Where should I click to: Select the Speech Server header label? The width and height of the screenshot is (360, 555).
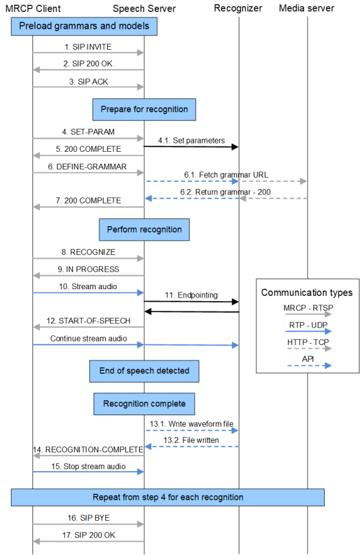coord(144,8)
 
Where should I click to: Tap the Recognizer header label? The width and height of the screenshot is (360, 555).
coord(238,8)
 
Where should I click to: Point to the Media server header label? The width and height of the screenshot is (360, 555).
coord(307,8)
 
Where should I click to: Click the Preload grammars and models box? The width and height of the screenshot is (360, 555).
coord(84,26)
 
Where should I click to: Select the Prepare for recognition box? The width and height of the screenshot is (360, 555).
coord(144,109)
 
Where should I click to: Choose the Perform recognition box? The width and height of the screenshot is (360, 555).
coord(144,229)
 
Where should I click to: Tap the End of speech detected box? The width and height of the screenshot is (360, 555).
coord(144,371)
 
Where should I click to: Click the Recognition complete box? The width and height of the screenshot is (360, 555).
coord(144,403)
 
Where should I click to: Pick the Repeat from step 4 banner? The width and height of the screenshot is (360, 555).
coord(168,497)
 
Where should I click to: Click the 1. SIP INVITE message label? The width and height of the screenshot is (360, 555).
coord(88,46)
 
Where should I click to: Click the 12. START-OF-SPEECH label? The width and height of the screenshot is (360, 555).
coord(88,320)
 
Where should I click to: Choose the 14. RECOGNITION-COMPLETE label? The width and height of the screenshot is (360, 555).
coord(88,449)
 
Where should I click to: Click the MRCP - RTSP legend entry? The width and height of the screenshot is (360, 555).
coord(307,308)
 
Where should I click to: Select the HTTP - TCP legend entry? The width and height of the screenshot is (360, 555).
coord(307,342)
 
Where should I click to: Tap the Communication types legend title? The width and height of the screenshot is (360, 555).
coord(307,293)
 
